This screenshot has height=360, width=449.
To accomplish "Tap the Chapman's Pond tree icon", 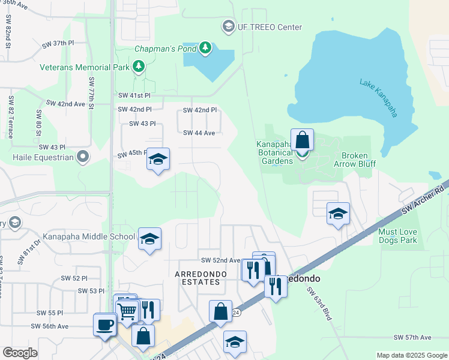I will (205, 47).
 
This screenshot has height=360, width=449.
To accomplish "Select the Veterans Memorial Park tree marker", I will (139, 67).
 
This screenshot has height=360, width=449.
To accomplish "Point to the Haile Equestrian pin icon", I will (83, 158).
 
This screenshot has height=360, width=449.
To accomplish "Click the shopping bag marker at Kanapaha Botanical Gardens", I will (303, 141).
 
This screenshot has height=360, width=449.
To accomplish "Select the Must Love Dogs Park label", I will (406, 236).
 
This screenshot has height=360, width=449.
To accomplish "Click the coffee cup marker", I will (105, 325).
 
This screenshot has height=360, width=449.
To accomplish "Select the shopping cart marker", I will (127, 311).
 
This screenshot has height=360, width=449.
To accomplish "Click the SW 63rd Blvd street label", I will (319, 304).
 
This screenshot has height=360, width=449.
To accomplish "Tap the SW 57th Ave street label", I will (412, 338).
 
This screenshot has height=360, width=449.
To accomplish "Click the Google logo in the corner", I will (20, 353).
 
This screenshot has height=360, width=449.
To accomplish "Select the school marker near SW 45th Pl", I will (158, 159).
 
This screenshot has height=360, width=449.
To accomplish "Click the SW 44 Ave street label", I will (199, 133).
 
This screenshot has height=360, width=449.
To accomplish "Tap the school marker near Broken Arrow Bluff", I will (338, 214).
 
